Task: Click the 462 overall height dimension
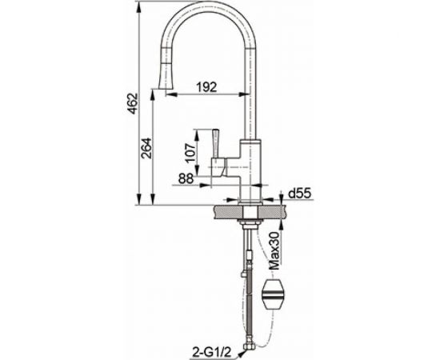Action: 133,103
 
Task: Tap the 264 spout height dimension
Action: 146,148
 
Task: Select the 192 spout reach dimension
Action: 207,87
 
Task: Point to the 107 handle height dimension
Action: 190,153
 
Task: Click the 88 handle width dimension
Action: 186,178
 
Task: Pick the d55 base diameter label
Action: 300,194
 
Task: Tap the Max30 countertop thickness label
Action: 274,250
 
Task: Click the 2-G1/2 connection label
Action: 211,352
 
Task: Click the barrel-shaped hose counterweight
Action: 272,294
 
